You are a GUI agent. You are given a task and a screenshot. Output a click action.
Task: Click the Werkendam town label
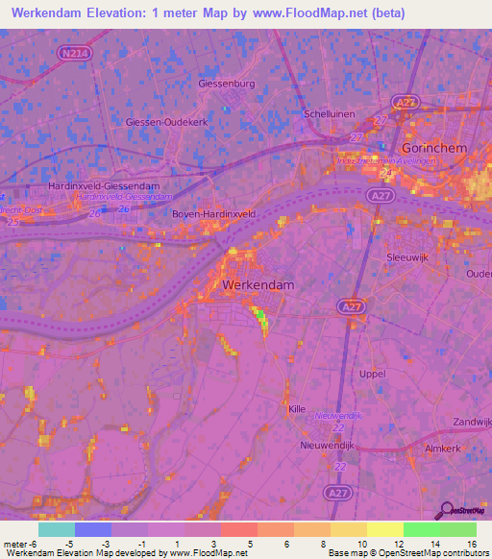click(258, 285)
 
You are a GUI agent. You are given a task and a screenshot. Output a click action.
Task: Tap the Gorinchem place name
click(434, 150)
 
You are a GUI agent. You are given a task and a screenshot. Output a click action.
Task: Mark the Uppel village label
click(371, 373)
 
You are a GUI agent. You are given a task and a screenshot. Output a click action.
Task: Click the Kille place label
click(297, 409)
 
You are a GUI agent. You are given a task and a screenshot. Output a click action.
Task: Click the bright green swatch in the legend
click(421, 529)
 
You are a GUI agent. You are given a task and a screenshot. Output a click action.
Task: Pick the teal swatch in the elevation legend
click(56, 529)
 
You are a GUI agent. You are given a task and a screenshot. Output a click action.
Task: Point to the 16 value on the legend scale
click(471, 545)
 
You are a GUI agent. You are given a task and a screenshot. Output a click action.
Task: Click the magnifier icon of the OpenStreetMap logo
click(445, 511)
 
